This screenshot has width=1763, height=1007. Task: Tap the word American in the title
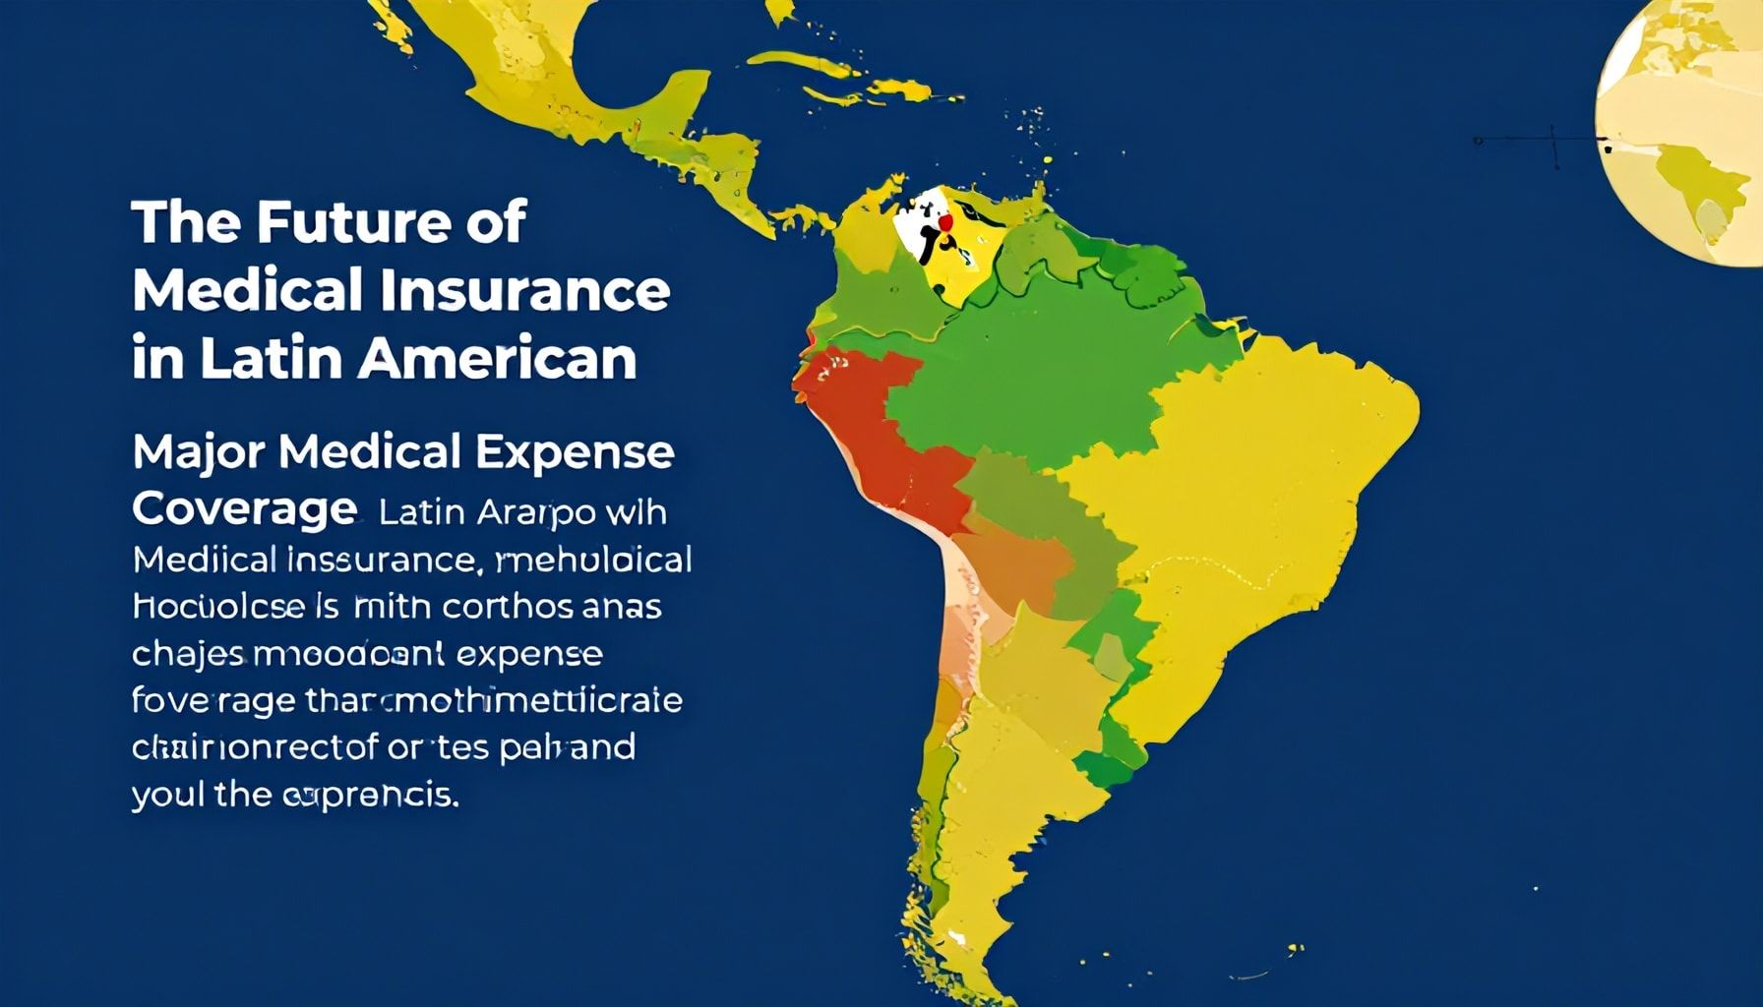(497, 359)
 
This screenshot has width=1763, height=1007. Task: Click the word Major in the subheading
(198, 452)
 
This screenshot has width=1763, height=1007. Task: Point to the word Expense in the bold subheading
(575, 452)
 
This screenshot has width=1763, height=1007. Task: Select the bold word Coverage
(243, 509)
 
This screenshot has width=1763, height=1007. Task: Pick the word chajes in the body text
(179, 654)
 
